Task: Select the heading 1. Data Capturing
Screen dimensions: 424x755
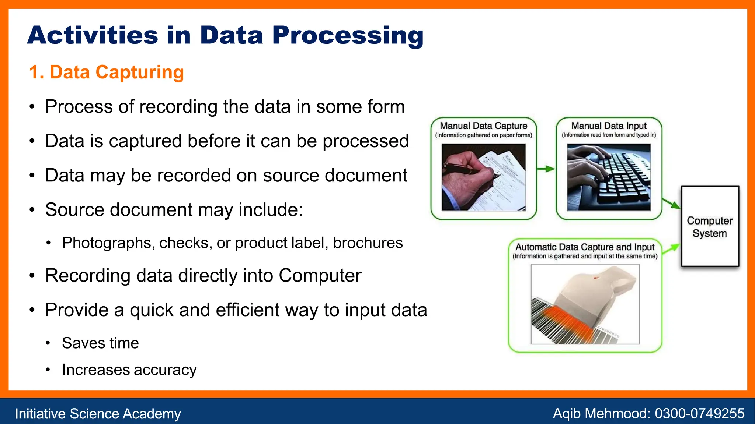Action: [x=106, y=72]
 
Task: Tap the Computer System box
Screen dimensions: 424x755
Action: [x=710, y=226]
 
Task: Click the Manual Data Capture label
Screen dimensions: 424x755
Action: [x=483, y=126]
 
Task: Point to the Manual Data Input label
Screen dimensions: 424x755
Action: [x=609, y=126]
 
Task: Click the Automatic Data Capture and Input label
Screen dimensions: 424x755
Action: [x=585, y=247]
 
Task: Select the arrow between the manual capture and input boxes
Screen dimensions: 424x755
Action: [x=546, y=169]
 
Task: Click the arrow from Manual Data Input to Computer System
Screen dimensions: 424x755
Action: [x=671, y=204]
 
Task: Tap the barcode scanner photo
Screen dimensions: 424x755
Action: [x=585, y=304]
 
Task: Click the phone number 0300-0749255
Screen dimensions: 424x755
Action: [x=699, y=413]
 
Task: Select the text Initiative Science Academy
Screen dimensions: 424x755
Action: [x=98, y=414]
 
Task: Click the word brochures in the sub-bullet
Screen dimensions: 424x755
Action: [x=368, y=243]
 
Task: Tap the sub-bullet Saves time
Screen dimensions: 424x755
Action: [x=100, y=343]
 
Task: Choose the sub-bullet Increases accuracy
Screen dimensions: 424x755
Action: [x=129, y=370]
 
